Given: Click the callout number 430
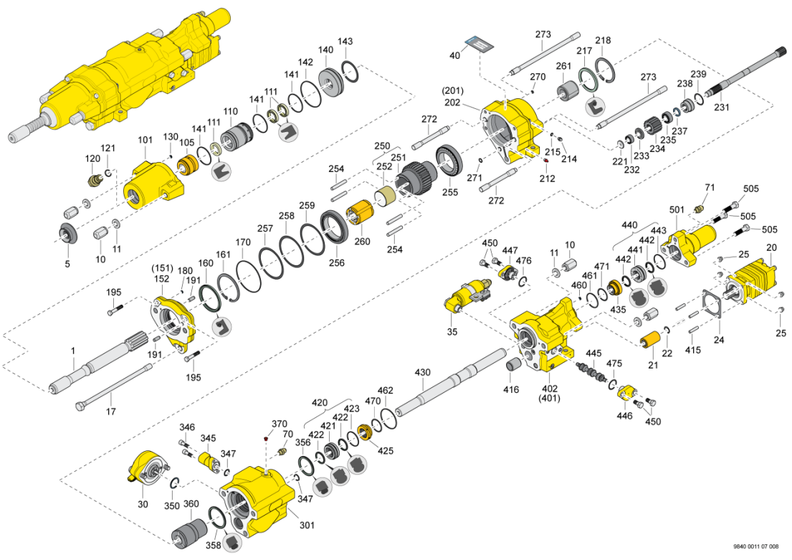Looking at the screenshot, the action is point(422,372).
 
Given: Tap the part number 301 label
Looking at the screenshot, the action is point(307,525).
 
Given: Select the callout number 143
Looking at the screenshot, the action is point(345,42).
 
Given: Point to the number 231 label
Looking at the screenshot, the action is point(721,107).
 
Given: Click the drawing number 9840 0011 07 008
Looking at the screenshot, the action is point(756,546).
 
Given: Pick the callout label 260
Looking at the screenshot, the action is point(362,241).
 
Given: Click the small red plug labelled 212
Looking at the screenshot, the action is point(545,161).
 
